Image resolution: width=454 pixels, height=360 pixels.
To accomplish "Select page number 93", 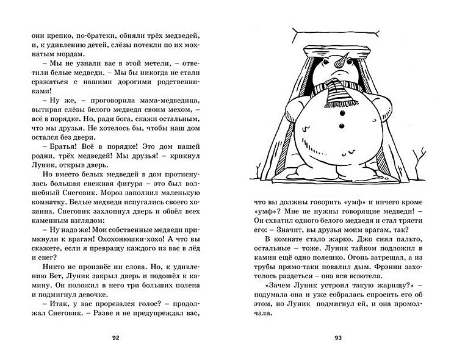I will click(x=339, y=337).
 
